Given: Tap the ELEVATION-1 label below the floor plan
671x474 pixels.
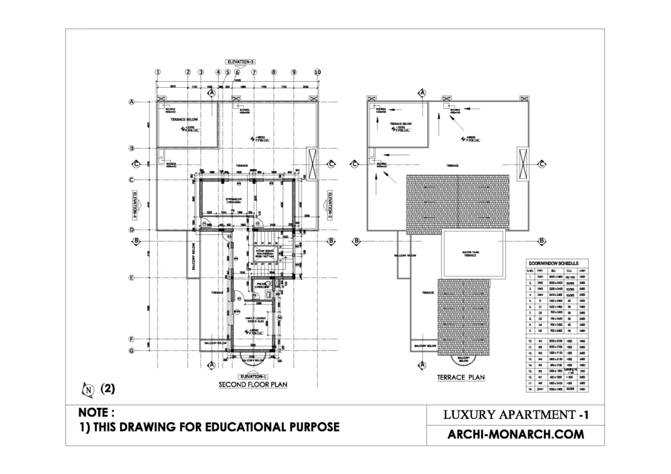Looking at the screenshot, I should click(253, 376).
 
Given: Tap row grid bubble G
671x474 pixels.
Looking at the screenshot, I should click(132, 350).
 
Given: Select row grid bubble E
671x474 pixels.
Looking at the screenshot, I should click(132, 278).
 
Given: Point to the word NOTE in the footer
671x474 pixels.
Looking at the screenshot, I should click(96, 413).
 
